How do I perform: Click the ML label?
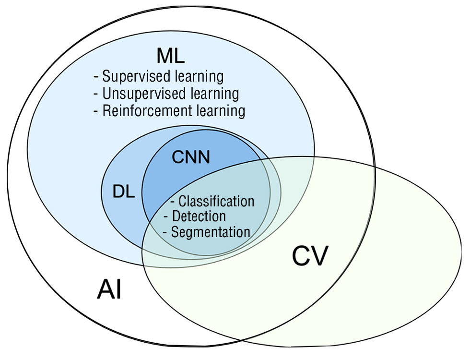(170, 57)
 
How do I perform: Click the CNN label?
(191, 157)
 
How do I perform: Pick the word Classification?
(216, 201)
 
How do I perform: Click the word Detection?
(199, 216)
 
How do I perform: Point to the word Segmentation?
(211, 232)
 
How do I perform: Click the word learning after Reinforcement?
(218, 111)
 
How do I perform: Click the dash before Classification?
(173, 201)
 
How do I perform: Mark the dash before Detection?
(166, 216)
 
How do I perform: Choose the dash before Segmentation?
(165, 232)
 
